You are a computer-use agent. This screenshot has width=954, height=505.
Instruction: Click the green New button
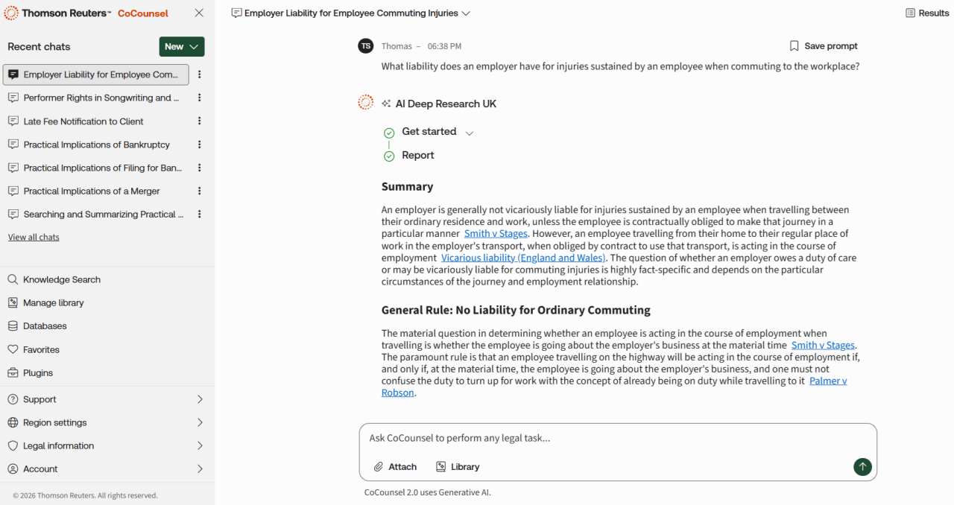pos(181,46)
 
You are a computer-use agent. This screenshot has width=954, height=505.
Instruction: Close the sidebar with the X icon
pos(199,13)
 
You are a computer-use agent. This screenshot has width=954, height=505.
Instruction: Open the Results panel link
pos(927,13)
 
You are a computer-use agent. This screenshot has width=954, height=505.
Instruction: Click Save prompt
pos(824,46)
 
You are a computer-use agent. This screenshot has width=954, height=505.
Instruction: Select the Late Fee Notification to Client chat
pos(83,121)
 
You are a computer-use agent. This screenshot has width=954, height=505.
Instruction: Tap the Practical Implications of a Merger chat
pos(91,191)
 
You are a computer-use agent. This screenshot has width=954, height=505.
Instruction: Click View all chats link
pos(34,238)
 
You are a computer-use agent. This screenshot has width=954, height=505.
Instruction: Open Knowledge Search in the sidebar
pos(61,279)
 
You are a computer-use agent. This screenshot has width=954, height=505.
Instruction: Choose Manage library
pos(53,303)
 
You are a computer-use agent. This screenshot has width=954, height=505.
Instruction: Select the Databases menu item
pos(45,326)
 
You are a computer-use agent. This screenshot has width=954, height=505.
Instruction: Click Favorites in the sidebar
pos(41,349)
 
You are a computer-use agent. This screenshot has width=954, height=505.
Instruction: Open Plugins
pos(38,373)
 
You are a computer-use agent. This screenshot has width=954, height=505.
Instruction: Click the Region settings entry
pos(54,422)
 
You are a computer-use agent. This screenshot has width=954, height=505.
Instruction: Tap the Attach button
pos(395,467)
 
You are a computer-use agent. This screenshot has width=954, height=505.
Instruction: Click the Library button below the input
pos(458,467)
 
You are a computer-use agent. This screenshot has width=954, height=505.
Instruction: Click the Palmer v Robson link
pos(827,381)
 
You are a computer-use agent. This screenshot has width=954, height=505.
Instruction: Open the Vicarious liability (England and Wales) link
pos(523,258)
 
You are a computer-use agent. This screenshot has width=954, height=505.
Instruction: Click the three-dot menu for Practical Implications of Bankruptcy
pos(199,144)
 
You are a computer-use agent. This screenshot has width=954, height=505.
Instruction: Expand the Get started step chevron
pos(470,133)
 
